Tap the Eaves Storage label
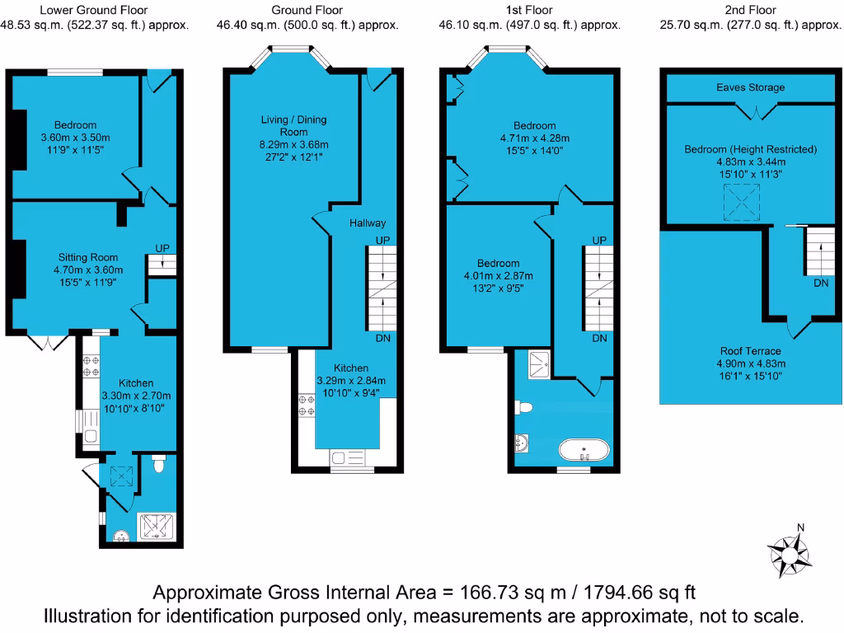click(x=750, y=87)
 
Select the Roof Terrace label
click(x=750, y=351)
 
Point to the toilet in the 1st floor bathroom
click(x=522, y=406)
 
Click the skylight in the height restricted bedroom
click(x=740, y=202)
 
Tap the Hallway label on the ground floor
click(x=368, y=223)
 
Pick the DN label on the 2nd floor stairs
click(x=820, y=283)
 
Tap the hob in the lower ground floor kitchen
click(x=89, y=366)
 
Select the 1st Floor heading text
click(x=530, y=10)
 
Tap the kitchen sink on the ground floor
click(x=346, y=458)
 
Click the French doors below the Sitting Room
click(x=46, y=341)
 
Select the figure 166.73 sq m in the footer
click(x=497, y=593)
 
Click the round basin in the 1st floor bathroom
click(x=523, y=443)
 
